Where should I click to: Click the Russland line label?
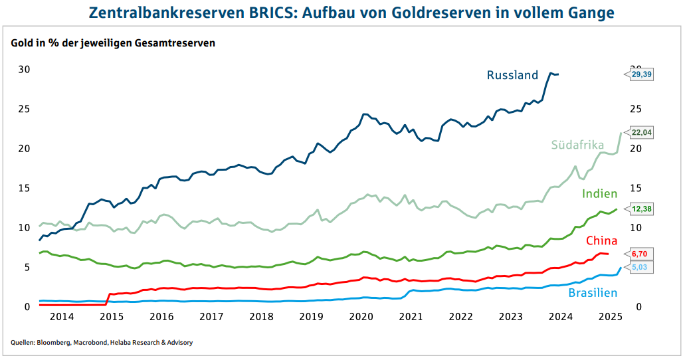pos(512,75)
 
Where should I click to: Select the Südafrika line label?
pos(577,145)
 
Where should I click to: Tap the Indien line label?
pos(600,194)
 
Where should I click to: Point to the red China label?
pos(601,240)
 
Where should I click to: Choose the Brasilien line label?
pos(593,292)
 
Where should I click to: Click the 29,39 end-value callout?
pos(641,75)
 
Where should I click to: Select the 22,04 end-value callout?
pos(641,133)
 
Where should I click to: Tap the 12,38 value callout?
pos(641,209)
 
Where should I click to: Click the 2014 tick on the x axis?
pos(62,317)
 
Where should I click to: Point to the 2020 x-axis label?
pos(361,317)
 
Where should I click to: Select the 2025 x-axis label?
pos(610,317)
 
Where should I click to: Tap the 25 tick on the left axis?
pos(24,109)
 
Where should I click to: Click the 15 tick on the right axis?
pos(635,188)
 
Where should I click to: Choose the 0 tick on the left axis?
pos(27,307)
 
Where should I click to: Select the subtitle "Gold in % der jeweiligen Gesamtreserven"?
pos(113,43)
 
